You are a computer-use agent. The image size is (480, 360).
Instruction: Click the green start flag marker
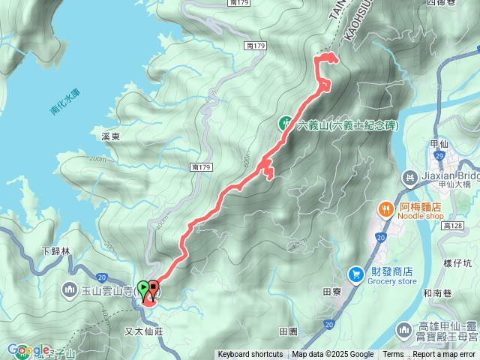tap(143, 289)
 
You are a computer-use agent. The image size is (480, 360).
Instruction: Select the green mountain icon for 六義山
tap(286, 124)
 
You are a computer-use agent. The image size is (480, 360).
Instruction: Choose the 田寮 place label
tap(331, 292)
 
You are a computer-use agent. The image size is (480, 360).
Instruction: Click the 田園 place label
tap(288, 331)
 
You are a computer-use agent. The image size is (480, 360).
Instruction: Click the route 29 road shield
tap(441, 154)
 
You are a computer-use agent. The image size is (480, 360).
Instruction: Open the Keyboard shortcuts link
tap(250, 355)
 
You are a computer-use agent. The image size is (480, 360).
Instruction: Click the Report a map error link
tap(445, 355)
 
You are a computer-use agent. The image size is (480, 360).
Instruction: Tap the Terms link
tap(393, 355)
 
